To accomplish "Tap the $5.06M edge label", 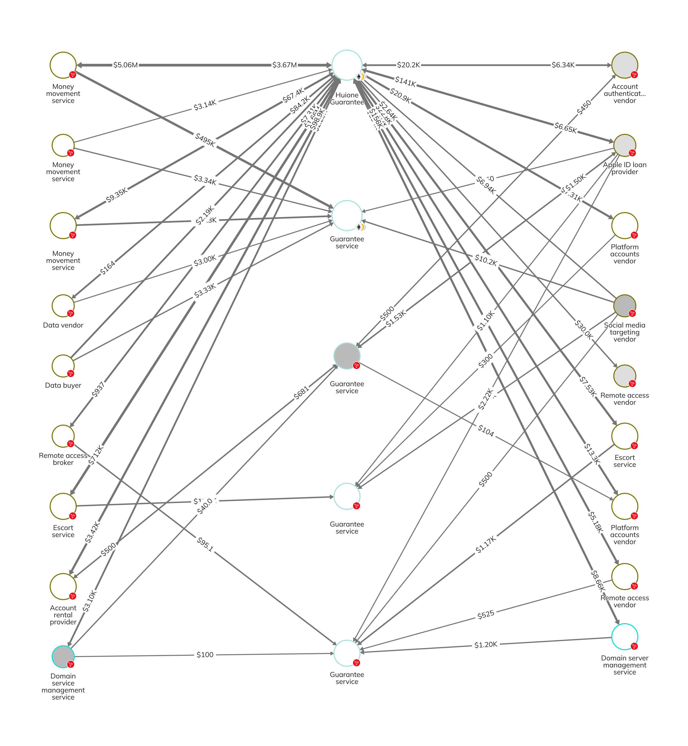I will pos(125,65).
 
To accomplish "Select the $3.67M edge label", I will pos(284,65).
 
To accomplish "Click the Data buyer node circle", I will pos(63,366).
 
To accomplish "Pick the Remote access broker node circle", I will pos(63,436).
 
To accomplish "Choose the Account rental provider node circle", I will pos(63,587).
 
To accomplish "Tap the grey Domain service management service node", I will pos(63,657).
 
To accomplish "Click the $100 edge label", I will pos(205,655).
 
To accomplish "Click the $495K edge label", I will pos(205,140).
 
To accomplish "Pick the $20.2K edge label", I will pos(408,65).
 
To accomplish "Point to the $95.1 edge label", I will pos(205,544).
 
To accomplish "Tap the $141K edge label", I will pos(405,81).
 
